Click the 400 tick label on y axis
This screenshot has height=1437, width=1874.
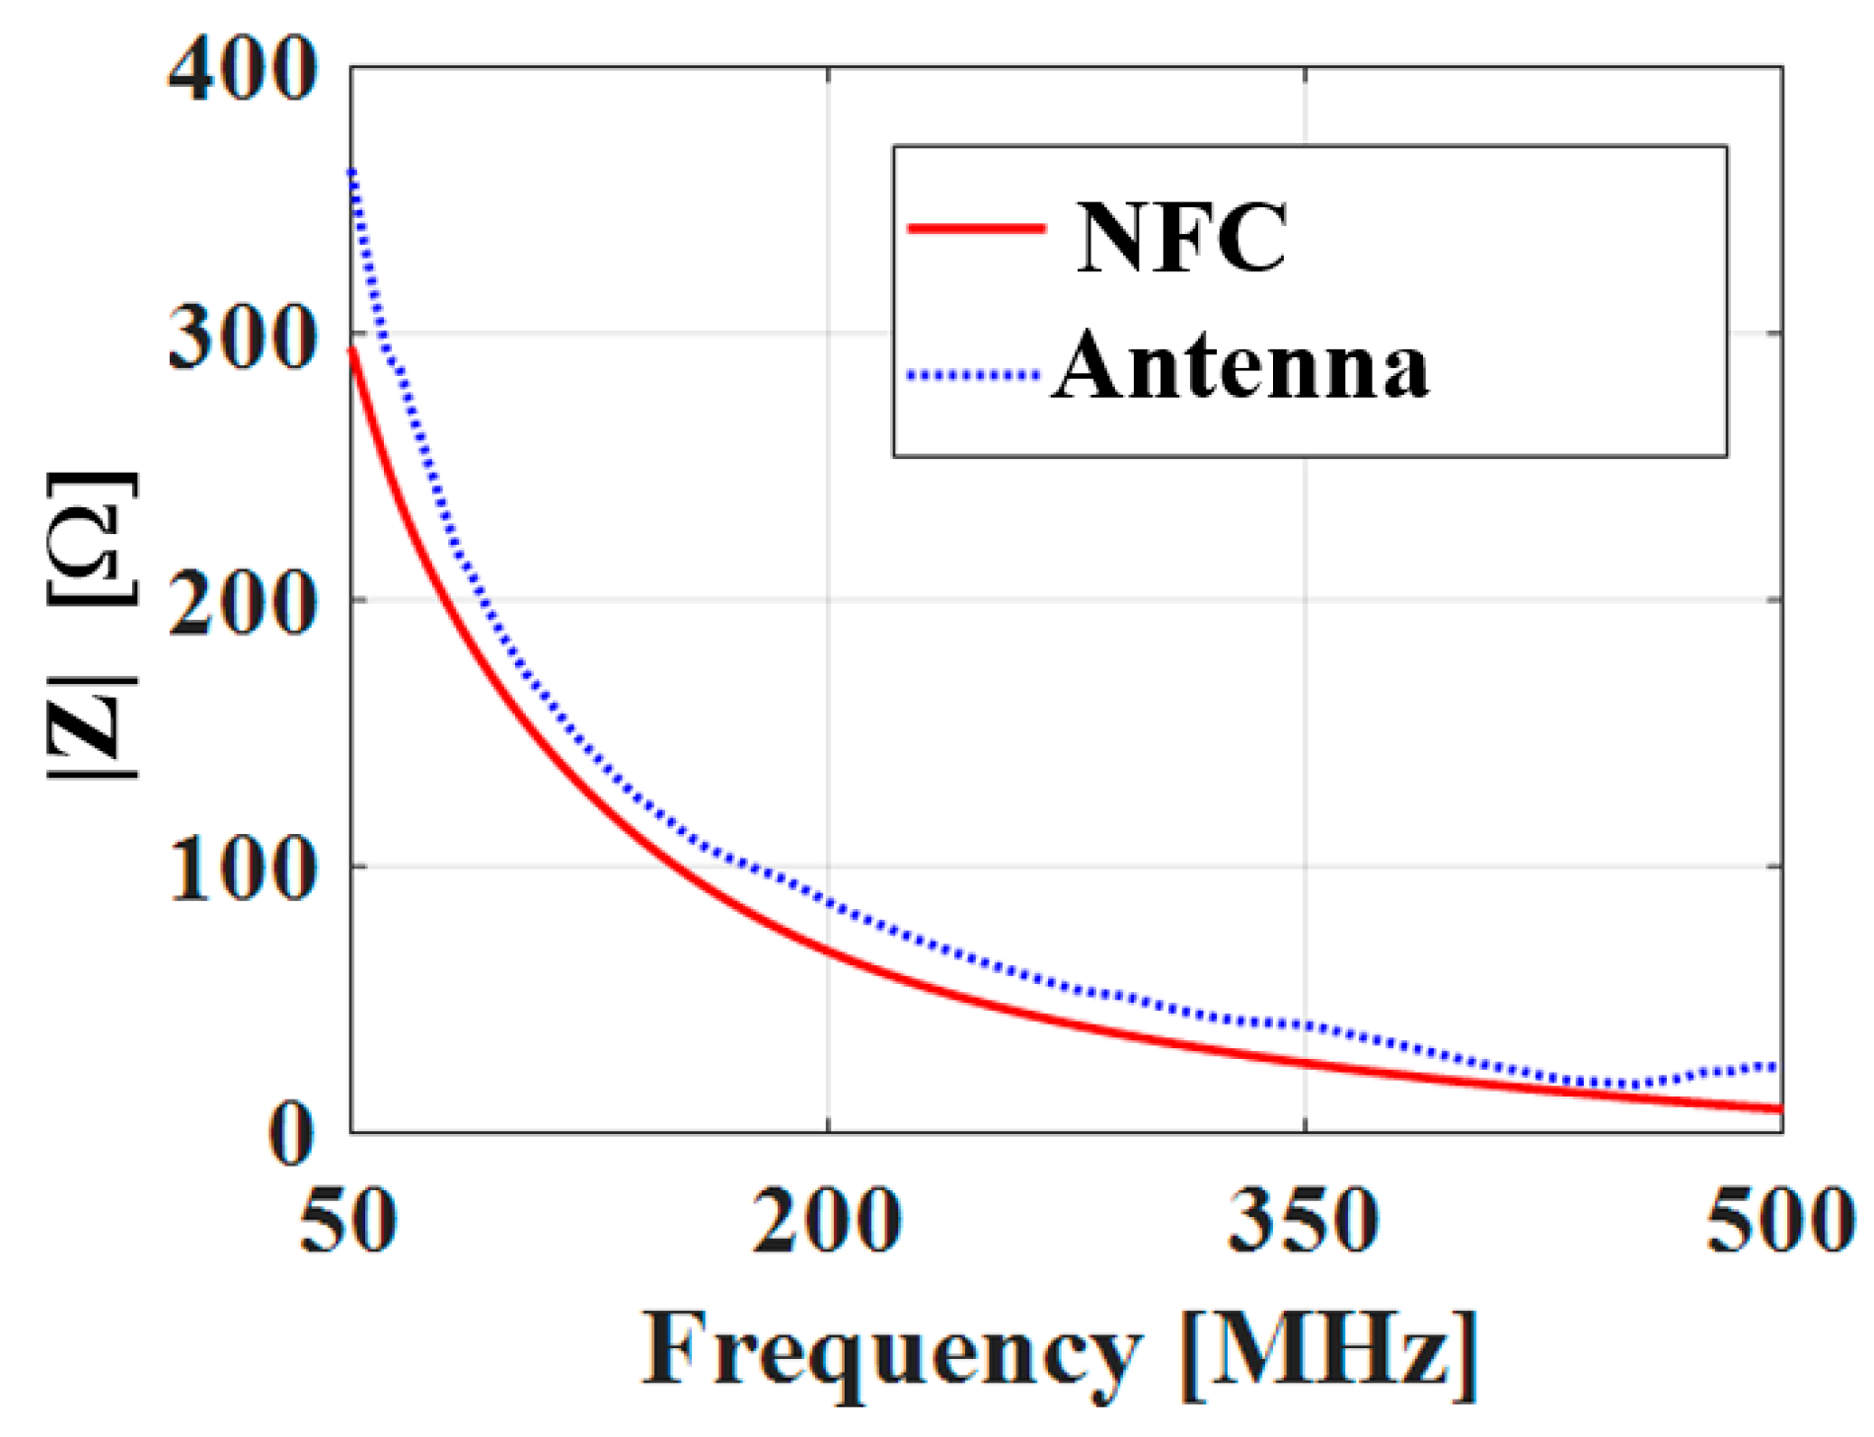242,71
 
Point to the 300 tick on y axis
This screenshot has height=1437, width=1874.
242,340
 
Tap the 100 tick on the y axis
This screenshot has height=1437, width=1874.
242,870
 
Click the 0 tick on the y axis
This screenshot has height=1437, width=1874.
291,1135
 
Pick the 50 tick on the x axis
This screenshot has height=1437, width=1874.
347,1221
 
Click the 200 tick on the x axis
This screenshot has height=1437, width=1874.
827,1221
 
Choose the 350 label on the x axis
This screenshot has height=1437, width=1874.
1304,1221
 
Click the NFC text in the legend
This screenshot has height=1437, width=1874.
1181,237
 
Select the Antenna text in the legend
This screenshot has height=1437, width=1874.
1240,367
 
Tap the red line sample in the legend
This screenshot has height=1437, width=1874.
975,229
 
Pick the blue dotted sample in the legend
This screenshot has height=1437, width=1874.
973,375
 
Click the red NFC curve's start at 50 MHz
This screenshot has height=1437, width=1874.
352,351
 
